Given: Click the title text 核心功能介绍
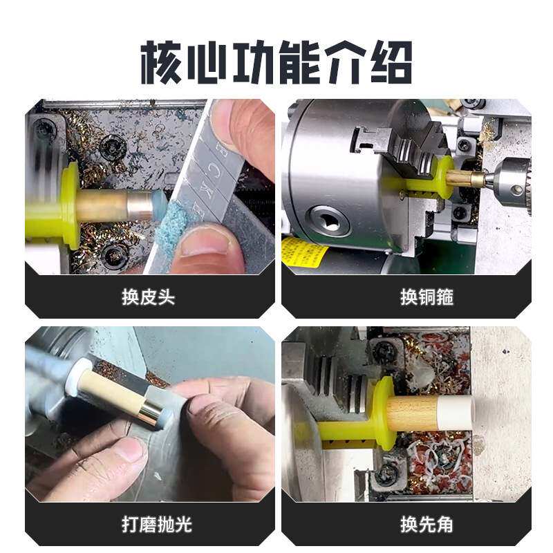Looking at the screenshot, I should pos(276,62).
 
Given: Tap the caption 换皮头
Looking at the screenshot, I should pos(148,297).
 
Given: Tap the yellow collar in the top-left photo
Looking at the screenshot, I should pos(70,206).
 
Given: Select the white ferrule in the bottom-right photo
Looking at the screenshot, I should pos(460,413).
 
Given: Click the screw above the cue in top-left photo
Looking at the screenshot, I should pos(112,147).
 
